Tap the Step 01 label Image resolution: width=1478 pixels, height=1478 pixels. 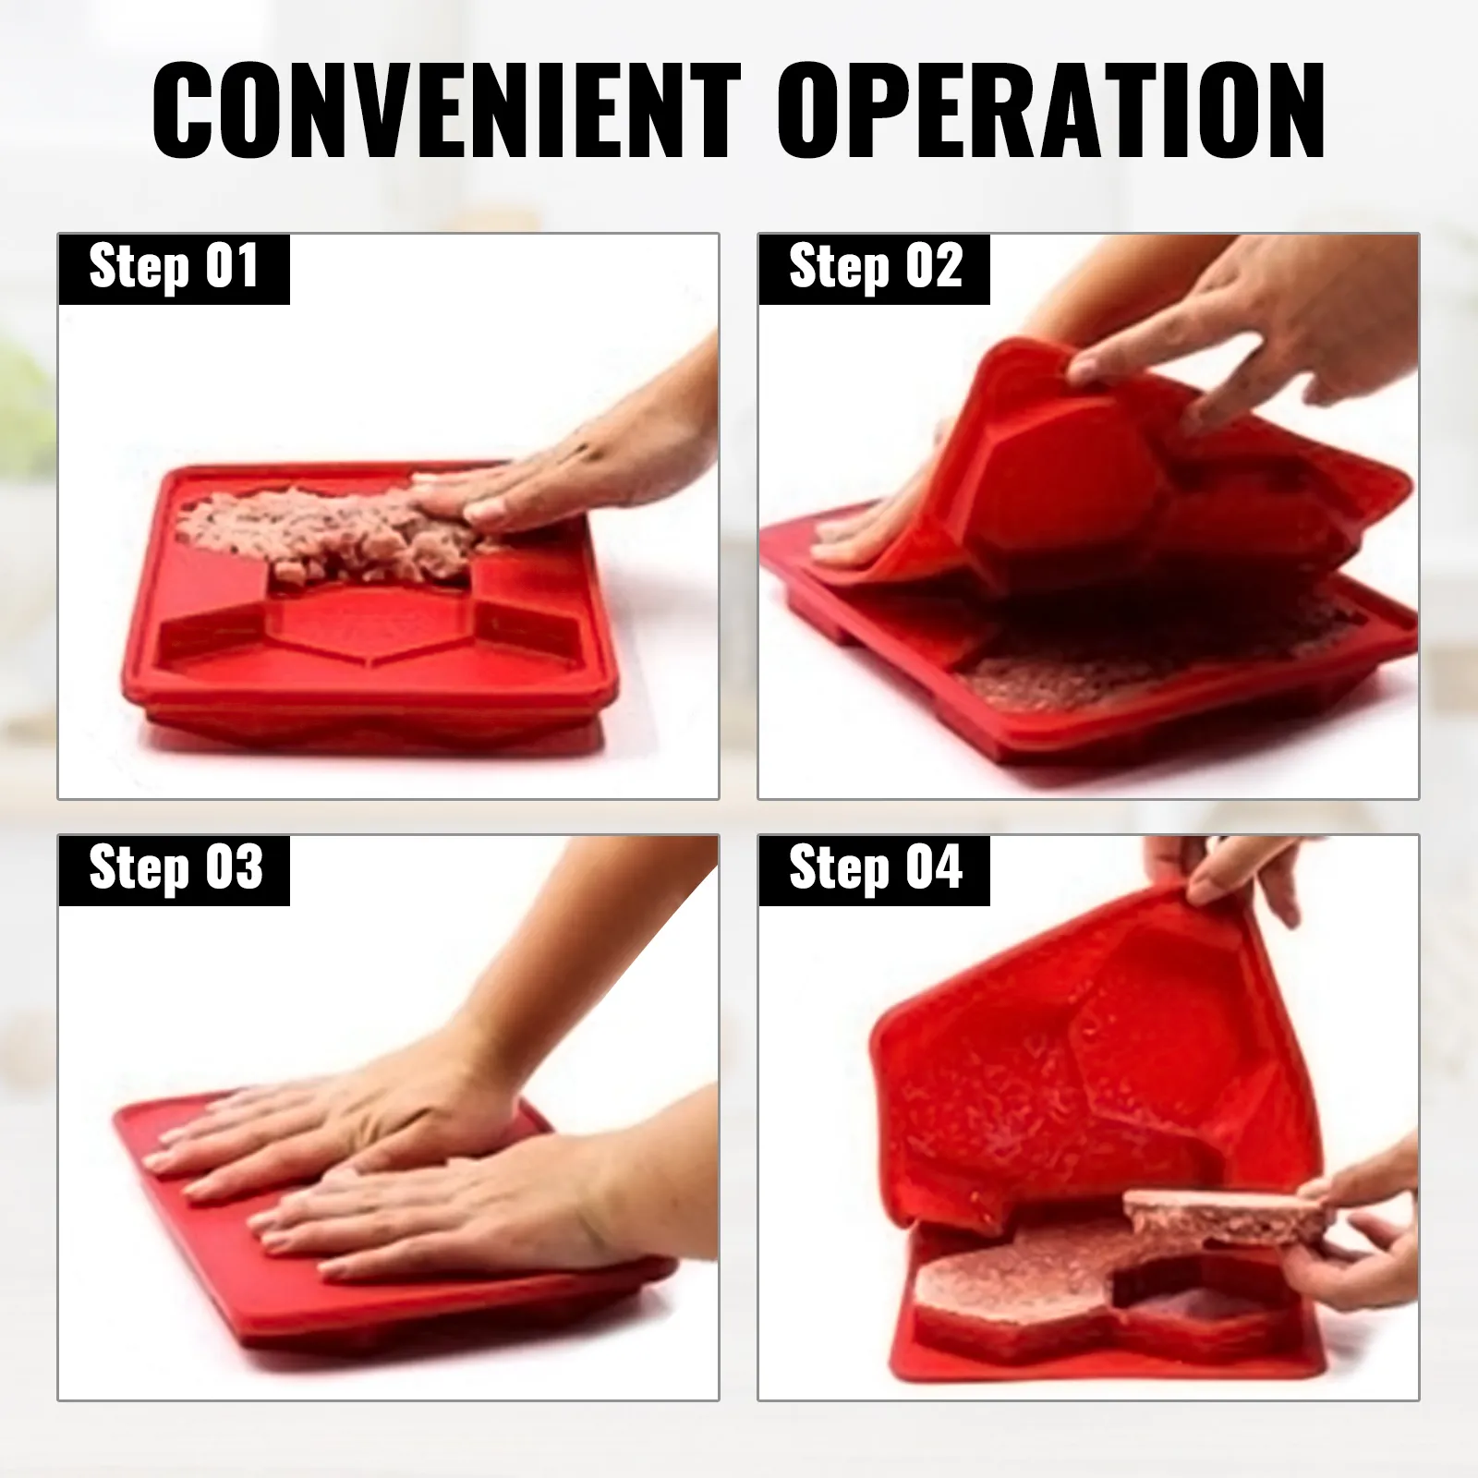click(x=174, y=268)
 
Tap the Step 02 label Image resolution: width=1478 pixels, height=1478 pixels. click(x=875, y=268)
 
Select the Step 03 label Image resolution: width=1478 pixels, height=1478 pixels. click(x=174, y=869)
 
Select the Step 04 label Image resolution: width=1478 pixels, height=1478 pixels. click(x=875, y=869)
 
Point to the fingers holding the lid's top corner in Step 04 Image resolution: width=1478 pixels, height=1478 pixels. click(x=1219, y=873)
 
